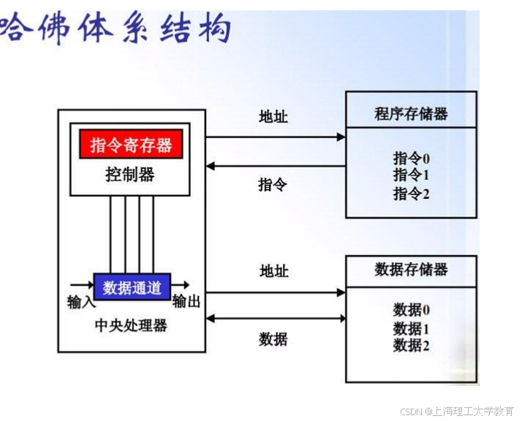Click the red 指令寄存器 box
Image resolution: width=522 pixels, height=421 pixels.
click(x=131, y=144)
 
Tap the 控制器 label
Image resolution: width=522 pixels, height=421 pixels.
click(x=130, y=175)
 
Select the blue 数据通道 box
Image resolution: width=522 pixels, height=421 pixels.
click(x=132, y=287)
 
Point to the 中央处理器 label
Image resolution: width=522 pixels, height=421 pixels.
click(x=131, y=325)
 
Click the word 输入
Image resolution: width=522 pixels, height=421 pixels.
click(x=80, y=302)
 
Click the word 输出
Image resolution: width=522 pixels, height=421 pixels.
click(x=186, y=302)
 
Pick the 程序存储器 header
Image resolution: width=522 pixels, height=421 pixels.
click(x=411, y=113)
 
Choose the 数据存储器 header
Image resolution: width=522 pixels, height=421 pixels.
click(x=411, y=269)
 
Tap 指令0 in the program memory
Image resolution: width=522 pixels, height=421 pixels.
click(x=411, y=158)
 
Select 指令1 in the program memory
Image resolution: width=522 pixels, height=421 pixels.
click(x=411, y=175)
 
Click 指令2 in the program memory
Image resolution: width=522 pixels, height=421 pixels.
click(x=411, y=193)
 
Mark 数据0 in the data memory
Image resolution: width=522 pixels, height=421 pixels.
click(x=411, y=310)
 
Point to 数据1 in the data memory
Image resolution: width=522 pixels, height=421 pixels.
click(x=411, y=328)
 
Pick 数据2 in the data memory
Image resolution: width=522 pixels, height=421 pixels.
click(x=411, y=345)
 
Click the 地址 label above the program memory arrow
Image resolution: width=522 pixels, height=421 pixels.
click(x=273, y=116)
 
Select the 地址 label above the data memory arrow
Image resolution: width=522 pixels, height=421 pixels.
click(x=273, y=271)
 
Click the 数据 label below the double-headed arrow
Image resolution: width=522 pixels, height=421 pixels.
click(x=273, y=338)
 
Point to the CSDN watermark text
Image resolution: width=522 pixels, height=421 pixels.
click(x=457, y=411)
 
